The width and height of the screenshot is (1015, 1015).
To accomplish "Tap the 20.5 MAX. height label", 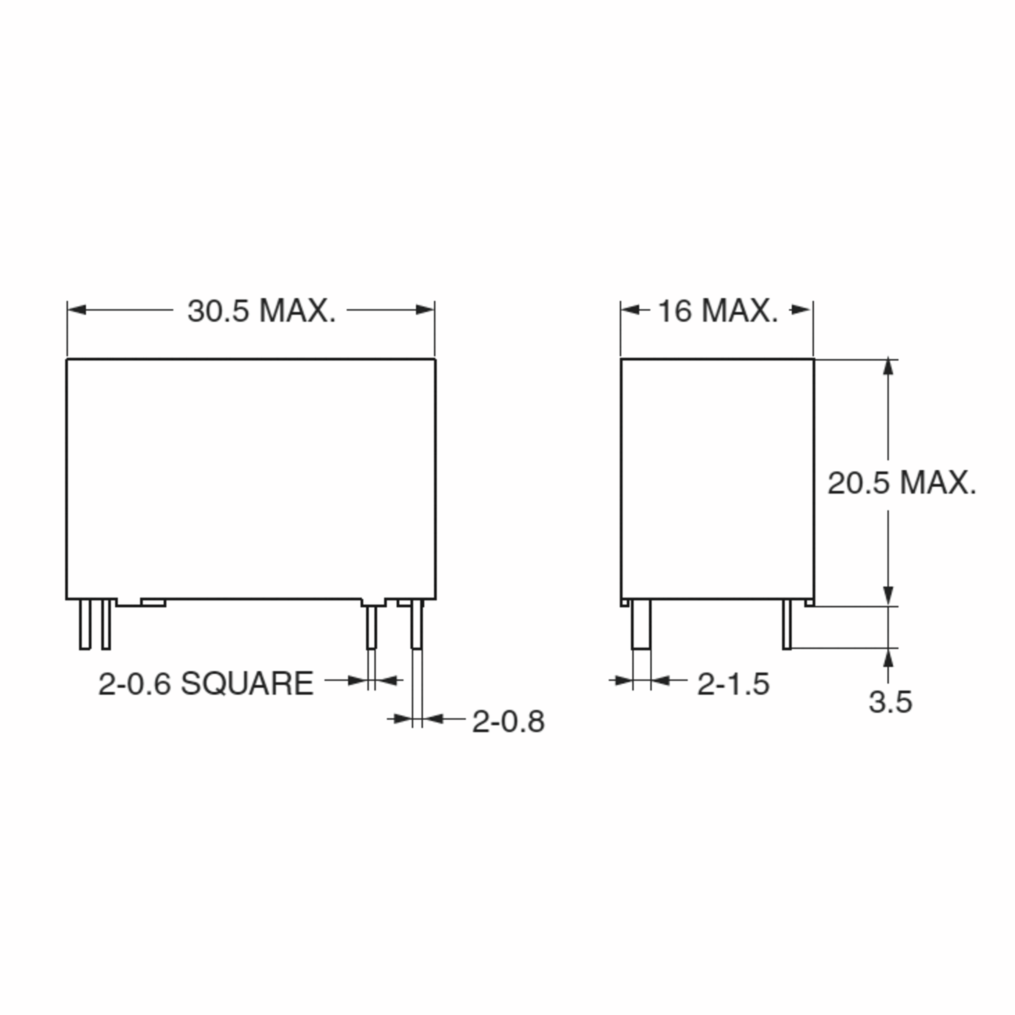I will [x=902, y=483].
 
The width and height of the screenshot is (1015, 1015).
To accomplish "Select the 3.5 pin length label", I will [x=890, y=702].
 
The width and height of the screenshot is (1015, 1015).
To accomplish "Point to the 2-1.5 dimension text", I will [x=733, y=684].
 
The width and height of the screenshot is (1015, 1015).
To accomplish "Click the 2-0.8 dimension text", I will [x=508, y=722].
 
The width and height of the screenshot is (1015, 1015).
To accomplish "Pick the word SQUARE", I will [x=247, y=684].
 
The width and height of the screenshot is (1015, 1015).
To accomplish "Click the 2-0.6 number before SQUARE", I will [x=134, y=684].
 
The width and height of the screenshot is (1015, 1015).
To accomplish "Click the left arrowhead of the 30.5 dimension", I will [x=77, y=310].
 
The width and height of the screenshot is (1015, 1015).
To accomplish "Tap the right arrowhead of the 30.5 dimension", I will [x=425, y=310].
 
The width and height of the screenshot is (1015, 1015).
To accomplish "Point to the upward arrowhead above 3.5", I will [x=888, y=658].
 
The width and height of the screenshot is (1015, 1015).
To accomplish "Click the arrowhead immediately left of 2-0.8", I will [x=434, y=718].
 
